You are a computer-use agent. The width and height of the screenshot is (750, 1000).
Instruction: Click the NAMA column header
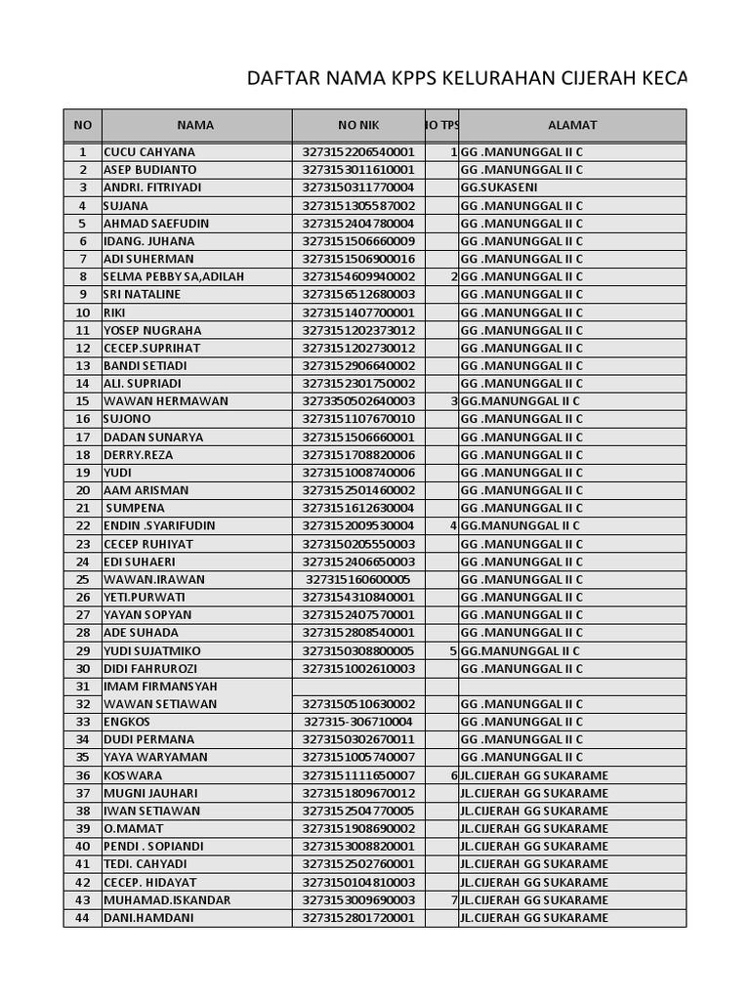(x=195, y=125)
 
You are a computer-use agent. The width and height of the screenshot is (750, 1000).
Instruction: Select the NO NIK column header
(x=358, y=125)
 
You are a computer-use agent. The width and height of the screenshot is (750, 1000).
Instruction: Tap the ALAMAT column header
(x=572, y=125)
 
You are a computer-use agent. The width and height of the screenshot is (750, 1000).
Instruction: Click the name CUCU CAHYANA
(x=149, y=152)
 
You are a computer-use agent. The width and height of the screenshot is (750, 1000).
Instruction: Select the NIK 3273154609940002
(x=358, y=276)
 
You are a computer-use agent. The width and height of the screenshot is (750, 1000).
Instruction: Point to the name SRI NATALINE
(x=142, y=294)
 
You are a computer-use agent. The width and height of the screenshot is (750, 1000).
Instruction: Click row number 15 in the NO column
(x=83, y=401)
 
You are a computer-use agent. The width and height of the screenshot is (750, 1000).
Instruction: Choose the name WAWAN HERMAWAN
(x=166, y=401)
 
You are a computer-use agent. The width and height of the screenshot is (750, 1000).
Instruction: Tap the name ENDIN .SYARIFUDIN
(x=160, y=525)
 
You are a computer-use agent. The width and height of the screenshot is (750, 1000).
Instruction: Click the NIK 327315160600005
(x=358, y=579)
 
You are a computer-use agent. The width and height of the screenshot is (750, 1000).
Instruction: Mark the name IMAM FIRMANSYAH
(x=160, y=687)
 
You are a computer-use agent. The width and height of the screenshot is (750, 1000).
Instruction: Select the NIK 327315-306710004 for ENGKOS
(x=358, y=722)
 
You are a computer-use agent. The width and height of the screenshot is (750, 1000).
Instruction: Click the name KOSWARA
(x=134, y=775)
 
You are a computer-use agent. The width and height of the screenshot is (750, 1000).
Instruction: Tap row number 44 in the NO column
(x=83, y=918)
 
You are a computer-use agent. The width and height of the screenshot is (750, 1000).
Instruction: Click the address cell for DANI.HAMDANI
(x=534, y=918)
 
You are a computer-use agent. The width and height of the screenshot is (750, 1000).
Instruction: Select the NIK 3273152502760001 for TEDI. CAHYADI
(x=358, y=864)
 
